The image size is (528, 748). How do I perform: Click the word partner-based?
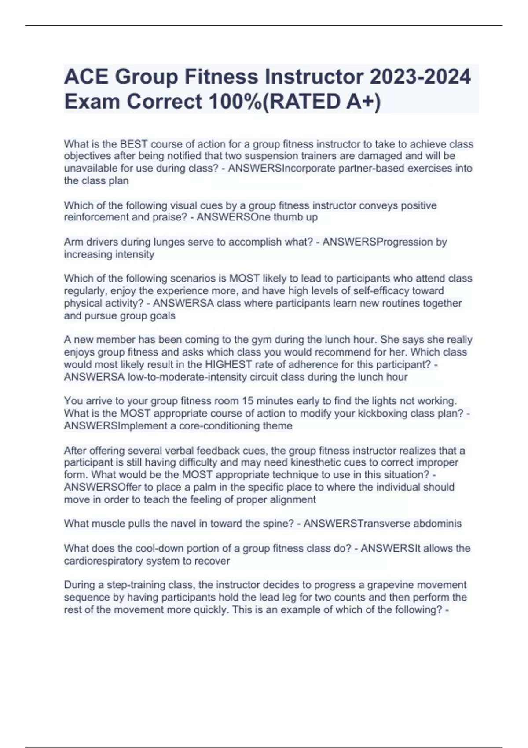point(369,169)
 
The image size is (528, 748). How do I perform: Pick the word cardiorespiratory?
point(105,561)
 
